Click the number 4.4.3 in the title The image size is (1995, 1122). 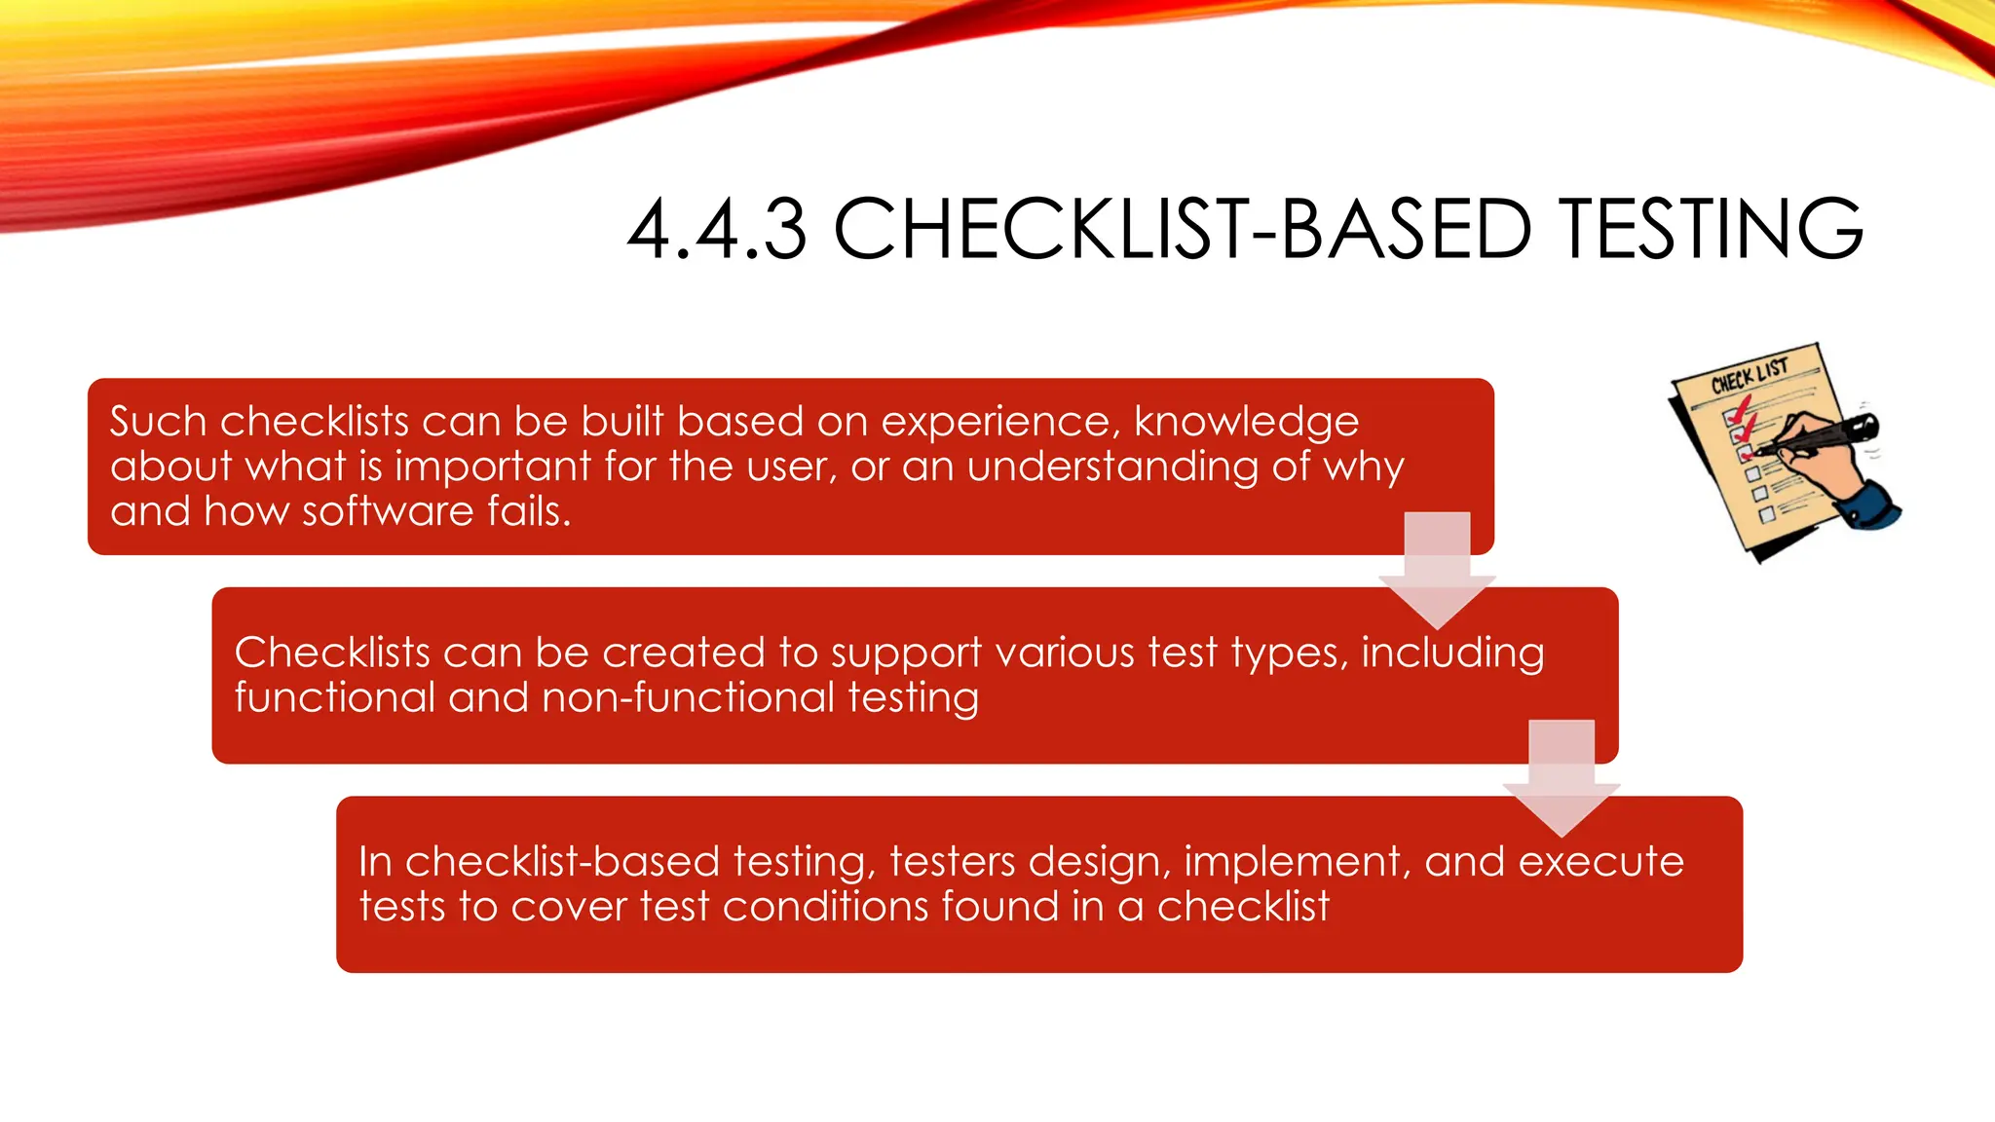point(717,230)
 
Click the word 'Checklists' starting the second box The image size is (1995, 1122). point(331,653)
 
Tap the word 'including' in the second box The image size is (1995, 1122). point(1452,653)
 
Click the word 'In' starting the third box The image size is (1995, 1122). point(375,862)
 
